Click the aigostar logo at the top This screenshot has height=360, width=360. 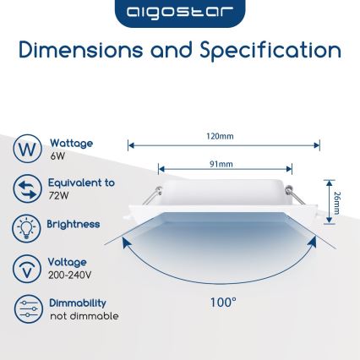pyautogui.click(x=179, y=14)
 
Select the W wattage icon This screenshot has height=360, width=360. pyautogui.click(x=27, y=150)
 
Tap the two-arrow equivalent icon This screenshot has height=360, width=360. pyautogui.click(x=27, y=188)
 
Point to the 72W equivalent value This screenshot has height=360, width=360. pyautogui.click(x=58, y=195)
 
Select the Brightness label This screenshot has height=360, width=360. pyautogui.click(x=74, y=225)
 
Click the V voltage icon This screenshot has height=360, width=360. pyautogui.click(x=27, y=269)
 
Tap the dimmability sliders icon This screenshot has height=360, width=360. pyautogui.click(x=27, y=309)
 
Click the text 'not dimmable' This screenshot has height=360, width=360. pyautogui.click(x=84, y=316)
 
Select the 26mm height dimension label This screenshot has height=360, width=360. pyautogui.click(x=337, y=202)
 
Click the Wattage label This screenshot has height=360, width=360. pyautogui.click(x=71, y=144)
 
